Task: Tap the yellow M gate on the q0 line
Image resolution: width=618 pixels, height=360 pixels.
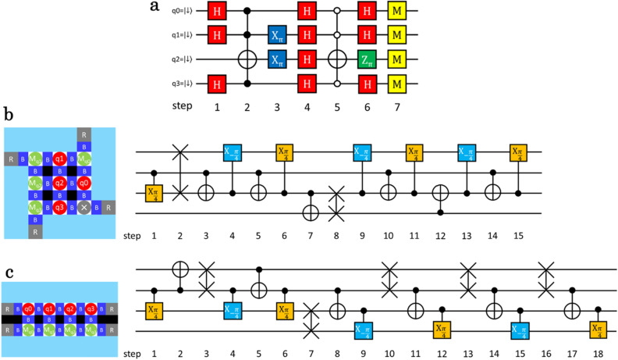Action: [x=397, y=12]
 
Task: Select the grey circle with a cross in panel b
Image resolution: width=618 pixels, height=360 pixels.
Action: [x=79, y=209]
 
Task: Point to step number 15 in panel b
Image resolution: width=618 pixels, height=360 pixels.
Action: [x=517, y=234]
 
